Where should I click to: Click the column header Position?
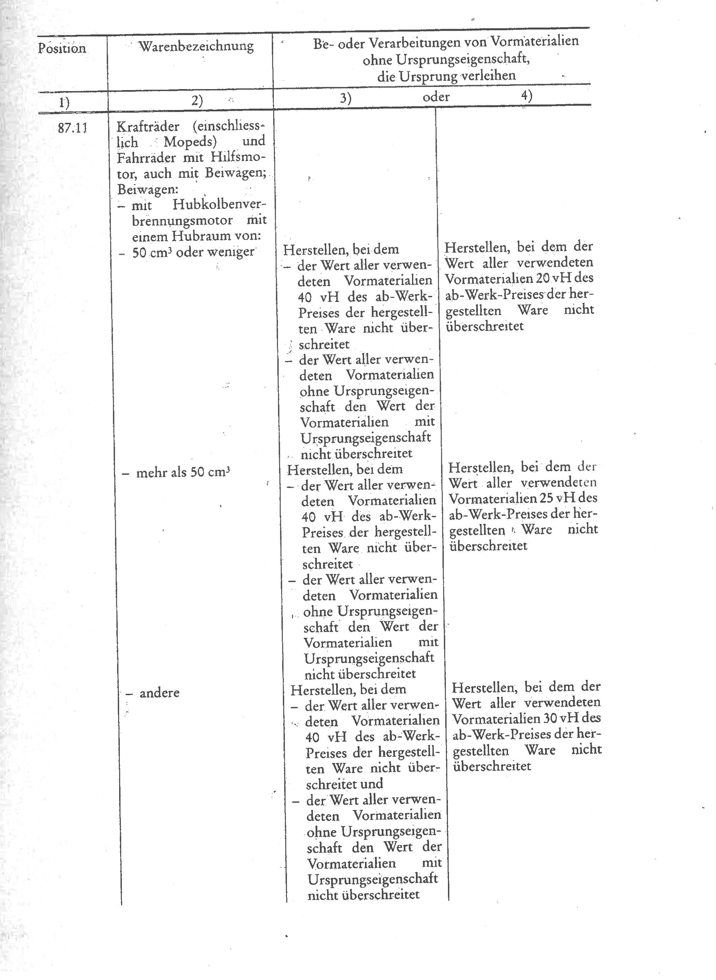click(x=62, y=48)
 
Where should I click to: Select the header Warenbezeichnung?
click(x=196, y=46)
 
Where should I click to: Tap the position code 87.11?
click(x=72, y=128)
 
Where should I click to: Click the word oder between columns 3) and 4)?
click(x=436, y=97)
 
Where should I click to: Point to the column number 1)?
click(x=64, y=102)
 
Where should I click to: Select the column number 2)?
click(x=197, y=100)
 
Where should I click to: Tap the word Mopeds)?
click(x=190, y=142)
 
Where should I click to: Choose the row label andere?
click(x=159, y=693)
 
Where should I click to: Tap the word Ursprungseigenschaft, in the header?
click(x=446, y=59)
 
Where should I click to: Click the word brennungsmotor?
click(x=182, y=220)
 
